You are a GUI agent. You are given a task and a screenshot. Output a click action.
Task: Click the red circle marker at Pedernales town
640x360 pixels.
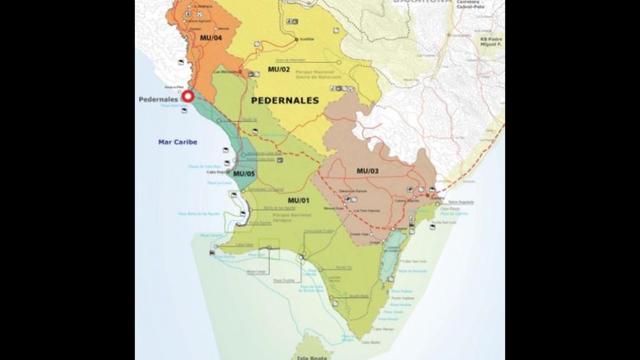(x=188, y=96)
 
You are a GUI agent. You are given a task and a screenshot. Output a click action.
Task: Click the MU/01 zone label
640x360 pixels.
(x=298, y=199)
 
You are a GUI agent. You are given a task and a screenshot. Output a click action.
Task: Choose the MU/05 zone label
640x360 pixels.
(x=244, y=174)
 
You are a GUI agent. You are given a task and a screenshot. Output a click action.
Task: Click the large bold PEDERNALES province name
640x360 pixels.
(x=285, y=101)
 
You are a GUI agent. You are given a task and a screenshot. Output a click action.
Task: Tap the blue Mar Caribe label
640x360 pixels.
(x=177, y=142)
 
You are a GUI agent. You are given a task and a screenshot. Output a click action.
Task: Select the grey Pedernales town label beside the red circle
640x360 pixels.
(x=158, y=99)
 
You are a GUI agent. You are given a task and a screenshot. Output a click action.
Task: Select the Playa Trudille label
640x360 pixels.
(x=283, y=280)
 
